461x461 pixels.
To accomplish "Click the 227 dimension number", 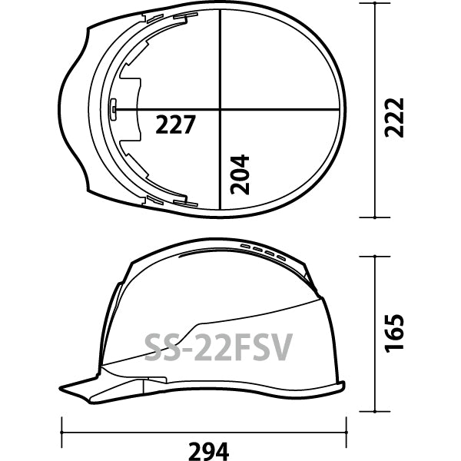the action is tap(175, 124).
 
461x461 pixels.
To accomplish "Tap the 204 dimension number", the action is tap(240, 174).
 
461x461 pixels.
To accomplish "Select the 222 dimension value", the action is tap(394, 118).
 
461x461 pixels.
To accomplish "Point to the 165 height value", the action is tap(394, 333).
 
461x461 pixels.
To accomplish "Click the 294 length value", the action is tap(208, 451).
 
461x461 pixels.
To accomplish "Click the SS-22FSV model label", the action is tap(218, 347).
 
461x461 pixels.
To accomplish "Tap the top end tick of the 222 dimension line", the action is tap(375, 3).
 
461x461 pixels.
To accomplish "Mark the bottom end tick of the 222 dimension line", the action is tap(375, 217).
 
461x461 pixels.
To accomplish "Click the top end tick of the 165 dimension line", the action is tap(375, 257).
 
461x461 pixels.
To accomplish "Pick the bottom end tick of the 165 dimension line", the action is tap(375, 412).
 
